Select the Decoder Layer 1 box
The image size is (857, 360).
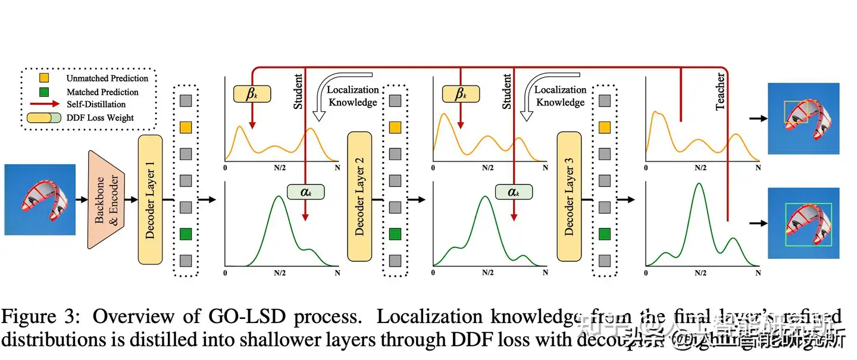(150, 199)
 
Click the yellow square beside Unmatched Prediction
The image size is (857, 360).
(45, 78)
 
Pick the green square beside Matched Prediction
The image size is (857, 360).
(45, 92)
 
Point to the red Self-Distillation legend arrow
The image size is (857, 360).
(45, 105)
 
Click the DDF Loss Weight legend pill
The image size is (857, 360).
(45, 118)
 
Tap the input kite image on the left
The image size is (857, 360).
(40, 199)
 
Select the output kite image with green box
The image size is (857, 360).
(803, 223)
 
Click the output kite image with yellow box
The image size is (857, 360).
(803, 118)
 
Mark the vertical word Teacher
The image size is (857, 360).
(720, 91)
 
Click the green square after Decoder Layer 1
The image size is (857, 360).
(186, 234)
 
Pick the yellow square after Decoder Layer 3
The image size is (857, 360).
(605, 127)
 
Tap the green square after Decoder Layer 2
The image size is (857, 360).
(395, 234)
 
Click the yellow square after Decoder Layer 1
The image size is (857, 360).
(186, 127)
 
